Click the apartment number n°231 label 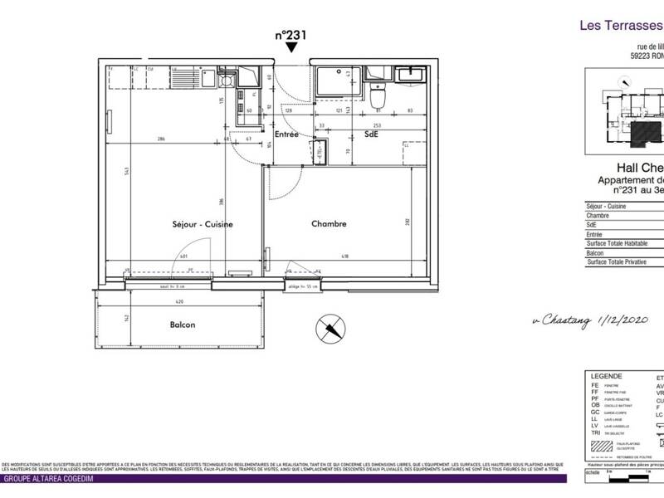click(x=290, y=36)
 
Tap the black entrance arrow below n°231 click(x=290, y=50)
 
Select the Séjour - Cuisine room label click(x=201, y=224)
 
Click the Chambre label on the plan click(x=329, y=224)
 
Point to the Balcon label click(x=183, y=325)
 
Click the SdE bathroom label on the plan click(x=371, y=133)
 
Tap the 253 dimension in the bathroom click(x=377, y=124)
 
